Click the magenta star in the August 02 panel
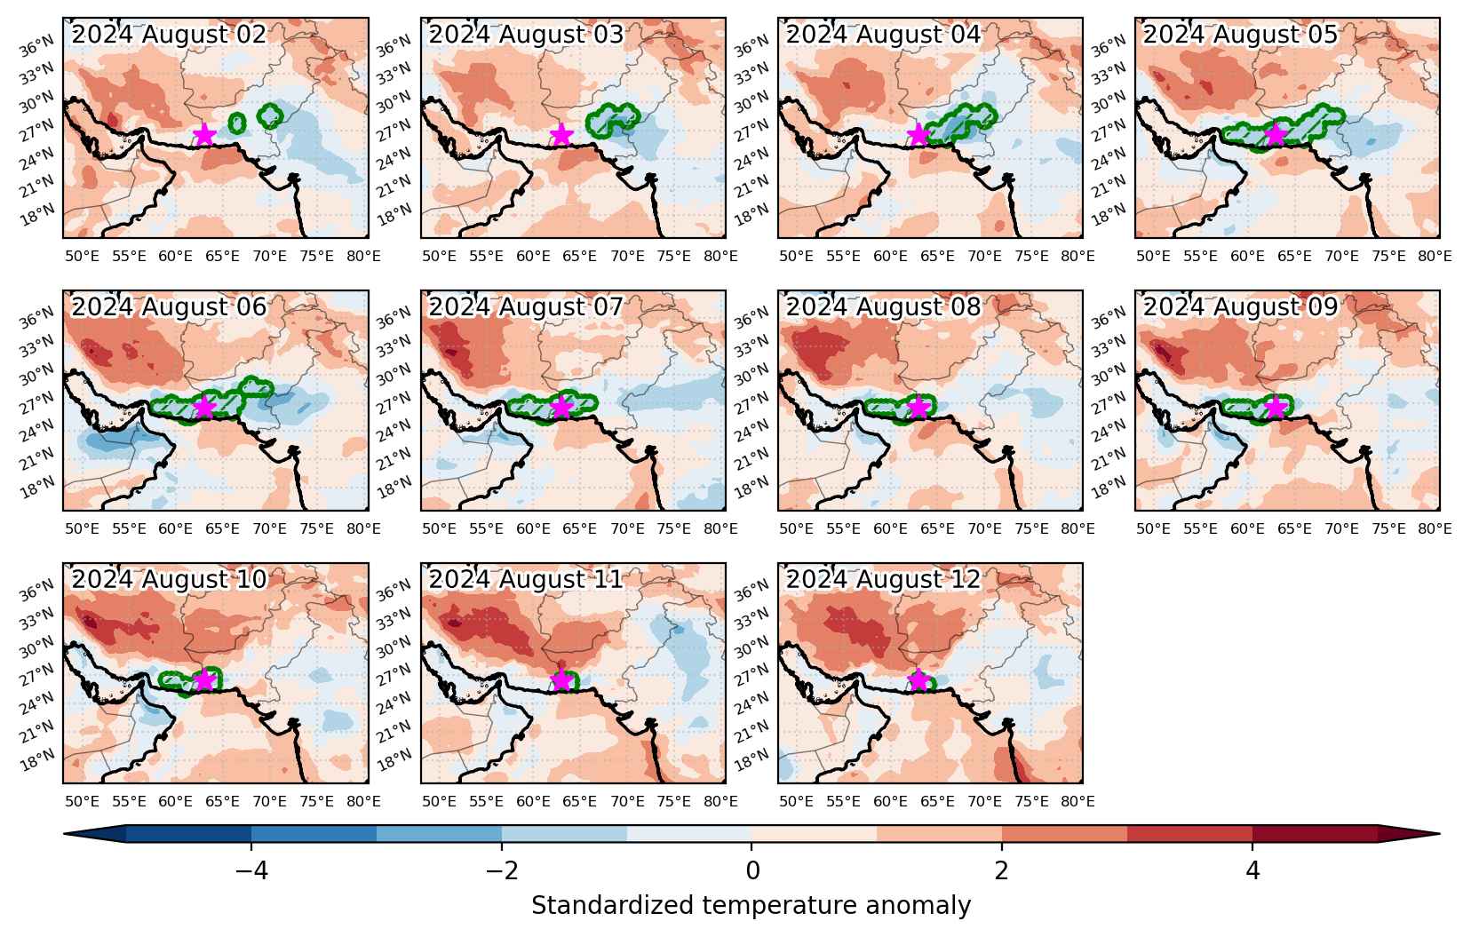tap(205, 135)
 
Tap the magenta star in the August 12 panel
tap(918, 680)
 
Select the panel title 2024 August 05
tap(1240, 34)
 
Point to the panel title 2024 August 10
tap(169, 579)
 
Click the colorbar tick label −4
tap(251, 870)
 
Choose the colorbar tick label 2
tap(1001, 870)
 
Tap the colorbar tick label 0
tap(752, 870)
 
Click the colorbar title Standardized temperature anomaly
tap(751, 906)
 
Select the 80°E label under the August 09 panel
tap(1435, 528)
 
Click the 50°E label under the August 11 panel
tap(440, 802)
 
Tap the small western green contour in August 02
tap(237, 123)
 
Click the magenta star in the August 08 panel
tap(918, 408)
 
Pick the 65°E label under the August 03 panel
tap(580, 256)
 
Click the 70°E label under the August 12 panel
tap(984, 802)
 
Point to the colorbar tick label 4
tap(1252, 870)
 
